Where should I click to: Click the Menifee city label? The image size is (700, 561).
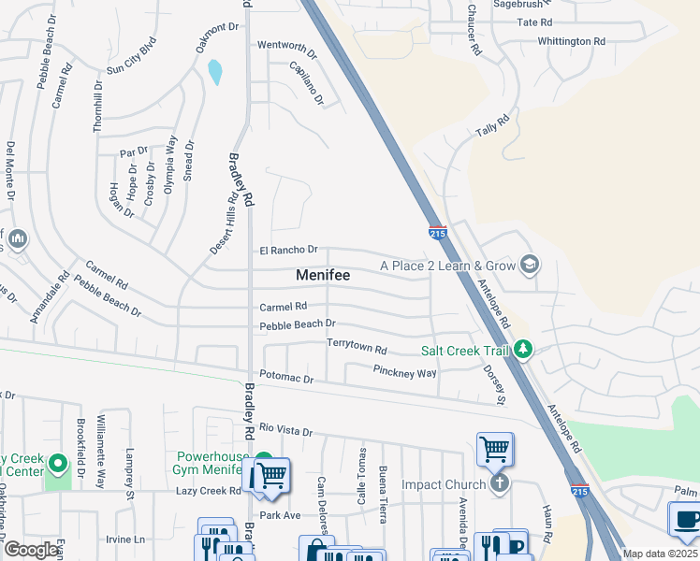323,275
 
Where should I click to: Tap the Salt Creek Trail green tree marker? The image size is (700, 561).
523,350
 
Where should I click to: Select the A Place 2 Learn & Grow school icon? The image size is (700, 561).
529,266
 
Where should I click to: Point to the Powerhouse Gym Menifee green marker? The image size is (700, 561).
264,464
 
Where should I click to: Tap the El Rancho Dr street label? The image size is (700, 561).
289,251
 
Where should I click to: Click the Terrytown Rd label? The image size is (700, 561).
357,346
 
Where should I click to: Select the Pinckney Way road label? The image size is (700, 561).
405,372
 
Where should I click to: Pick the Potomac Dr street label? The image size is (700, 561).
287,380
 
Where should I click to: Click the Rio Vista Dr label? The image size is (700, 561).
285,429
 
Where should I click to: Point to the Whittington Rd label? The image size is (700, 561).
572,41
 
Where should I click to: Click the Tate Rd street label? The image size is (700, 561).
534,22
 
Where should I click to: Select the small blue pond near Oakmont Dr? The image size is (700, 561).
216,71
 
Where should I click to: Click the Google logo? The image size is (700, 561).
31,550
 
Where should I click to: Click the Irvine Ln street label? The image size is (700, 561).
125,539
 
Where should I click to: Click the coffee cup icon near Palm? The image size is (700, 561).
685,520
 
